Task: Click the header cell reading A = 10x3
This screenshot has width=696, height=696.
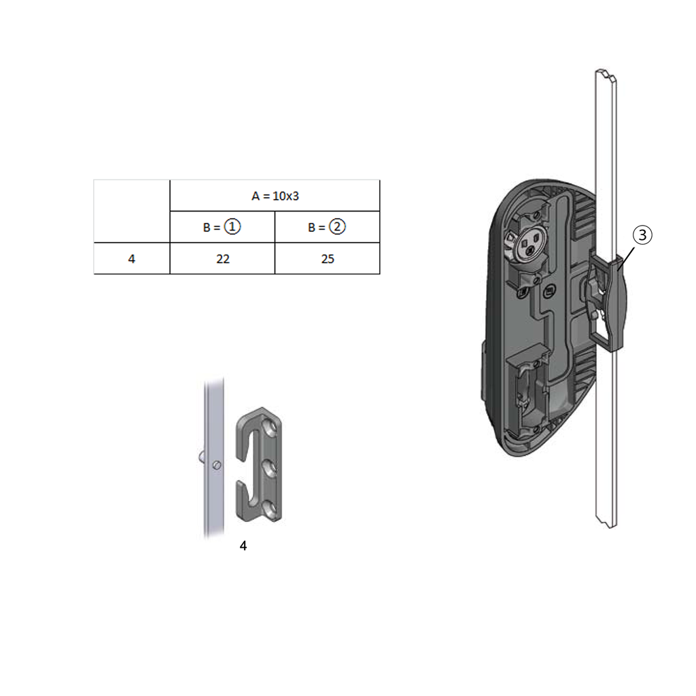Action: point(275,196)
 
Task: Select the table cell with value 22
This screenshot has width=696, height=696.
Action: point(222,259)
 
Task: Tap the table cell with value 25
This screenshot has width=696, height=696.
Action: point(327,259)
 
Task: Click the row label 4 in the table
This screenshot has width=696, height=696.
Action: point(131,259)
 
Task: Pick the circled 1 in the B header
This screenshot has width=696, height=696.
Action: point(232,227)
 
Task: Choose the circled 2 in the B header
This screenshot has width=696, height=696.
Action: point(336,227)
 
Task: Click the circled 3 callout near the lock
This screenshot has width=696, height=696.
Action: point(642,235)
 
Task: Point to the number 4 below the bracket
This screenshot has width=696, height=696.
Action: point(243,546)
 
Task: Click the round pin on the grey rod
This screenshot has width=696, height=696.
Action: point(215,465)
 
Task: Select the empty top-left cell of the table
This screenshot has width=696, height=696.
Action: point(131,211)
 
